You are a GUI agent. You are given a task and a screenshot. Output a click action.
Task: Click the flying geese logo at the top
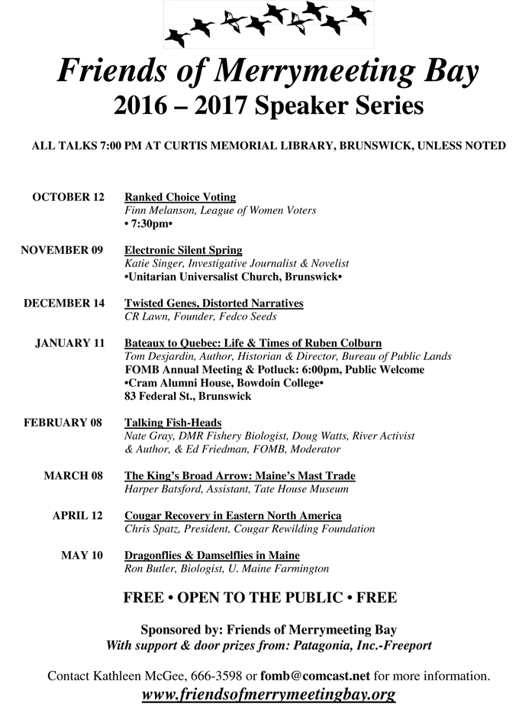click(269, 24)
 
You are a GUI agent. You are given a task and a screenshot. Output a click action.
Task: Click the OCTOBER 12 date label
click(68, 197)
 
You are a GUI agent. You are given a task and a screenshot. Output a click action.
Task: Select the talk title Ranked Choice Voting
click(180, 197)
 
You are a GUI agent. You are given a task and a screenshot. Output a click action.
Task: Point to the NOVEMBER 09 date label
click(62, 250)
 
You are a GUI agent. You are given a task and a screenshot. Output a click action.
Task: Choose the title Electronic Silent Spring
click(183, 250)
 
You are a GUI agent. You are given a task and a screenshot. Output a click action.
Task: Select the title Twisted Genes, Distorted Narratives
click(214, 303)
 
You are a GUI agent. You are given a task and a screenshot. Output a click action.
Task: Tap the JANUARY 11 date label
click(69, 343)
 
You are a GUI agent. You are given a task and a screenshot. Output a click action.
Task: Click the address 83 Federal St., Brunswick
click(187, 396)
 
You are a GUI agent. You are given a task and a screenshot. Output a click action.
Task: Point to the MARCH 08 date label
click(73, 476)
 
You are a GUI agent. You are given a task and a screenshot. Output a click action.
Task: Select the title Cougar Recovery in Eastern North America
click(233, 516)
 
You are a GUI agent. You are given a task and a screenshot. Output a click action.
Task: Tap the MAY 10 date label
click(82, 556)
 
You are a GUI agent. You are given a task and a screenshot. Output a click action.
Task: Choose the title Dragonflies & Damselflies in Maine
click(212, 556)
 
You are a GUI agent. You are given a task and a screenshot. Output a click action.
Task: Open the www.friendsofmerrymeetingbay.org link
click(269, 695)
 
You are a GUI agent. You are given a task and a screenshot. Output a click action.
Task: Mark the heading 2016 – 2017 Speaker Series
click(269, 105)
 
